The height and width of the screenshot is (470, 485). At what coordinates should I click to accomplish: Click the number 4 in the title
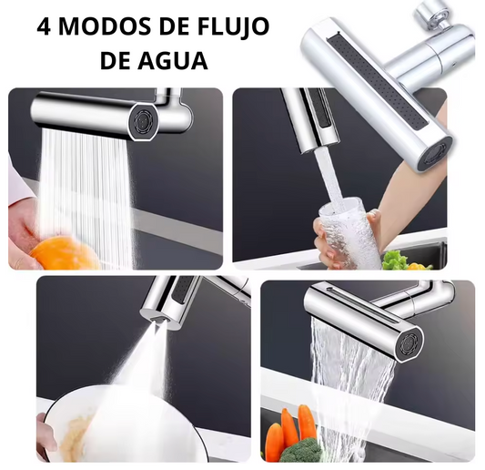[x=44, y=26]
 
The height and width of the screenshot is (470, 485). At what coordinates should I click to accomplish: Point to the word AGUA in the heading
[x=173, y=60]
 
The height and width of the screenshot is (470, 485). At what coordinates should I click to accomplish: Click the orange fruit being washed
[x=64, y=254]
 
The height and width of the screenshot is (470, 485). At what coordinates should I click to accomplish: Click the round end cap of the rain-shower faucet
[x=143, y=121]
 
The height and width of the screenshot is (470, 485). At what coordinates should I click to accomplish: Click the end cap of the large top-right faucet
[x=434, y=156]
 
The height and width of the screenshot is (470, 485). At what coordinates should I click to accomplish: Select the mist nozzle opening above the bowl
[x=157, y=321]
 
